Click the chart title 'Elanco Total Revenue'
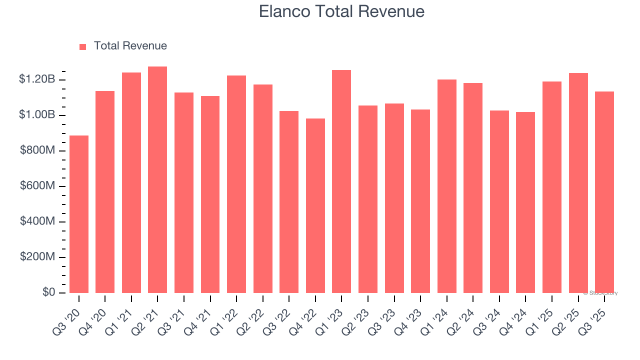(341, 11)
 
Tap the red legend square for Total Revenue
(83, 46)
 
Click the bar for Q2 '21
(157, 179)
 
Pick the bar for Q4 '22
(315, 205)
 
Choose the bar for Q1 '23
(341, 181)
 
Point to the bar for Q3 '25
(604, 192)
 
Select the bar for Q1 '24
(446, 186)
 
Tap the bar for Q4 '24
(525, 202)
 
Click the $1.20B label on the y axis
(37, 79)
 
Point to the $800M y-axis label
(37, 150)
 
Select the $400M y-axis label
(37, 221)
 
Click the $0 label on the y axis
(48, 292)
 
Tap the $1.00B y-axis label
(37, 115)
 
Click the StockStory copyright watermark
(600, 293)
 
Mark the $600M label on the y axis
(37, 186)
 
